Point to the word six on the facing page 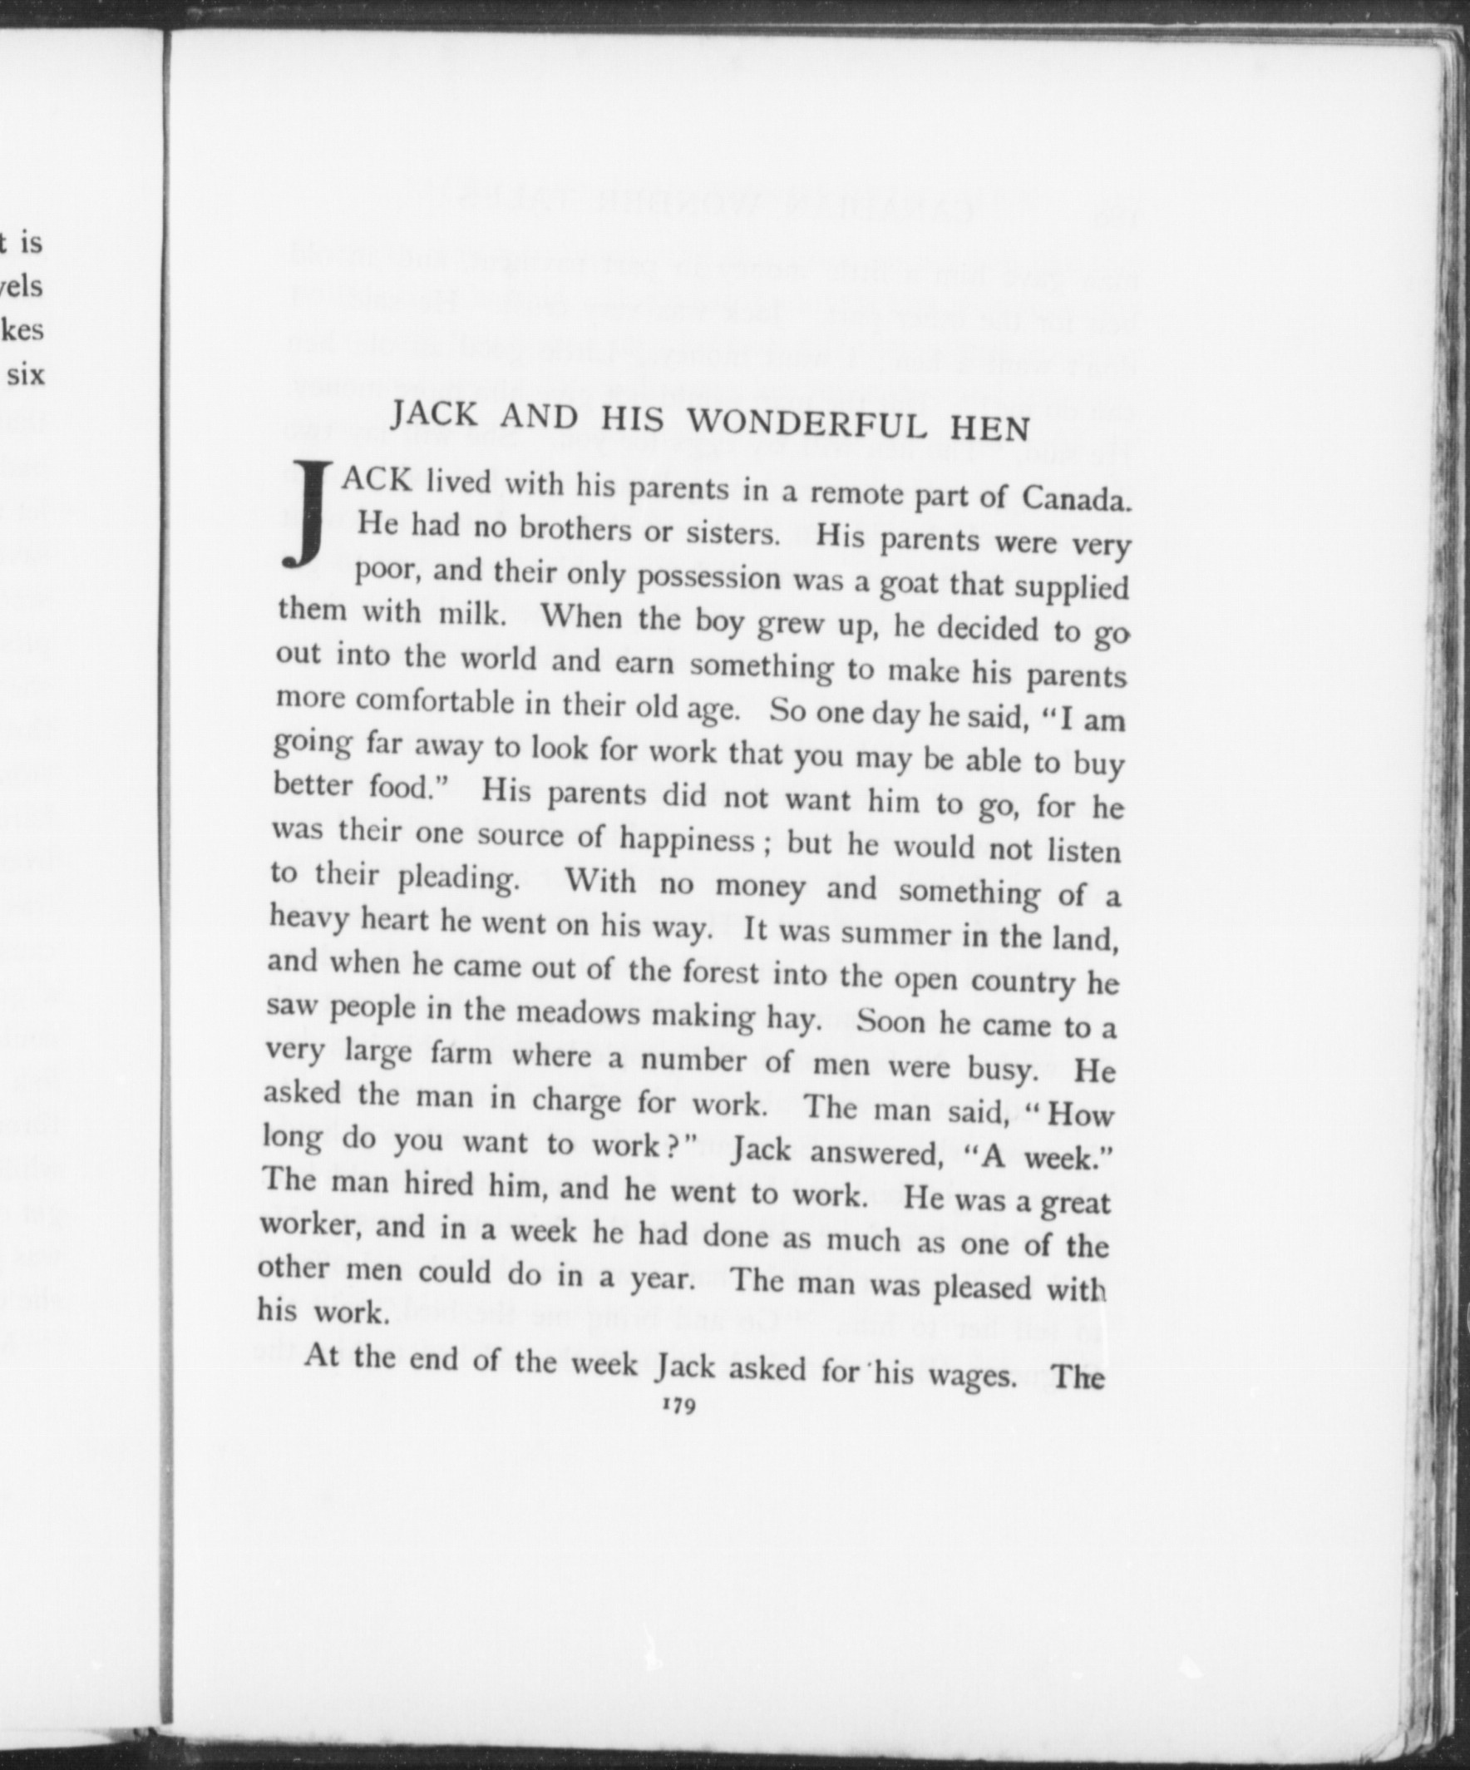coord(26,374)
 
